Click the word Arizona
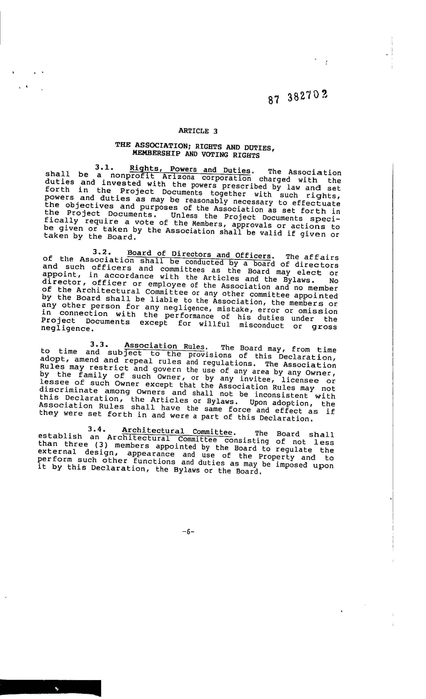[178, 178]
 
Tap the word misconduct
[261, 325]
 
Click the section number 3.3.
[99, 344]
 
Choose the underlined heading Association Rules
[164, 346]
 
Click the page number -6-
[188, 532]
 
